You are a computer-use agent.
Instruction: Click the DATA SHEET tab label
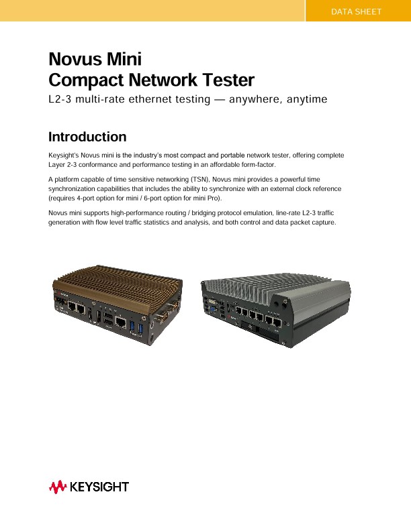pos(357,12)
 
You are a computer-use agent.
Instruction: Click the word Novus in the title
pos(72,59)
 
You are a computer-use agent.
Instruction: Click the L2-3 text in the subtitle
pos(61,100)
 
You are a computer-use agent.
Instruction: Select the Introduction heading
pos(87,137)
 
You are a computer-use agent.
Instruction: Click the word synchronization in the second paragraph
pos(79,189)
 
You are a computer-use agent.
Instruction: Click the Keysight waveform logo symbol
pos(56,487)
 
